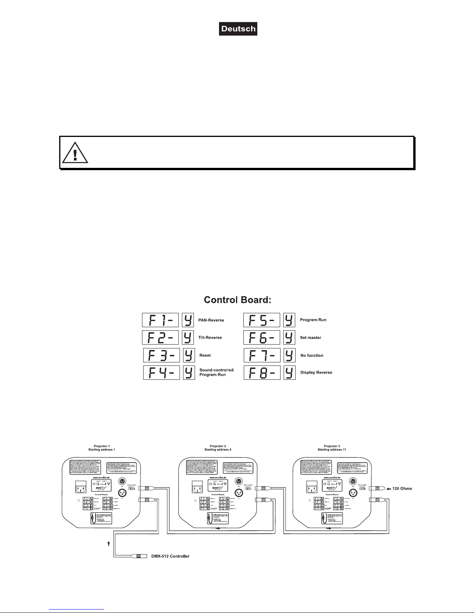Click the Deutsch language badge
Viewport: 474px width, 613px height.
coord(238,29)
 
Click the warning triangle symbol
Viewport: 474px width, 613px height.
coord(75,152)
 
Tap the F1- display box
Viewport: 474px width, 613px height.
coord(161,320)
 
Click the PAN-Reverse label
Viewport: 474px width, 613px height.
coord(211,320)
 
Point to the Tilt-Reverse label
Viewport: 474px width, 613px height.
coord(210,338)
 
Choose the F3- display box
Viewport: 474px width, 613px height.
coord(161,355)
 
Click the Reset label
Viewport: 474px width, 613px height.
coord(205,355)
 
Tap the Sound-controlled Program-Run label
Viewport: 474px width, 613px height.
coord(216,372)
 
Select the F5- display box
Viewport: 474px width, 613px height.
coord(262,320)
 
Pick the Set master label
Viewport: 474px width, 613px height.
coord(311,338)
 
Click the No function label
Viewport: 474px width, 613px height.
coord(312,355)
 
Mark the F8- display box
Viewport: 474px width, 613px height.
coord(262,372)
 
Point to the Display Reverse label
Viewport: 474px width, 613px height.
coord(316,372)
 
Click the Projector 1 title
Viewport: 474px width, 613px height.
coord(101,446)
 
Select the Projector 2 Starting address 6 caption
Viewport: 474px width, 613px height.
coord(217,447)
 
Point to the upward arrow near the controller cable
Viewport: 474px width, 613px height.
coord(109,543)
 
